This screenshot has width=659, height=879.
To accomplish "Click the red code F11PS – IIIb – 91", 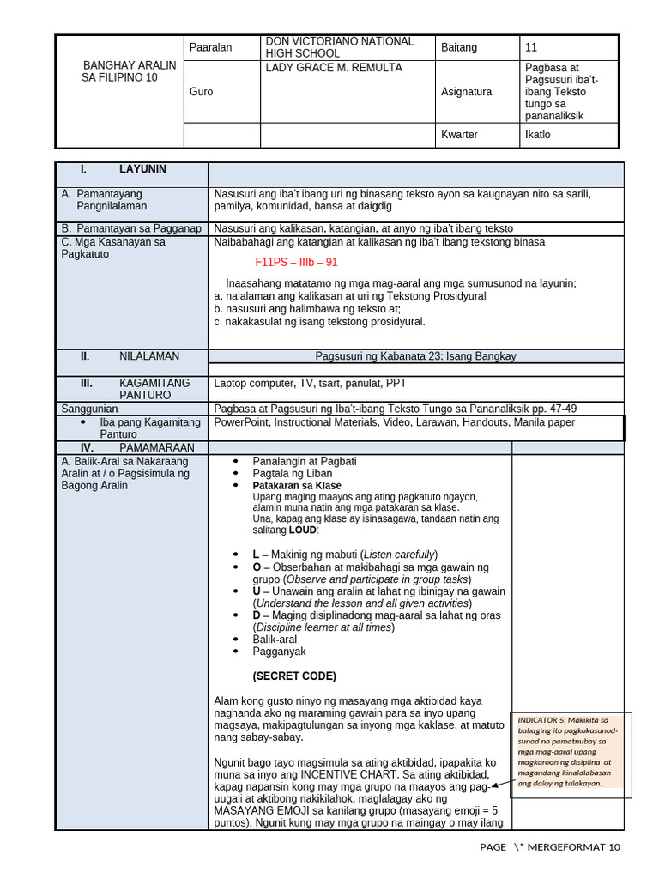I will tap(296, 263).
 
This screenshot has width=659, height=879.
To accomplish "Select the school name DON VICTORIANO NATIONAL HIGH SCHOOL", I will tap(327, 47).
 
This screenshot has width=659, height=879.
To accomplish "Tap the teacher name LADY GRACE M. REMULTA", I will tap(322, 68).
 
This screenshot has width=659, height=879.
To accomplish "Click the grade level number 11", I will tap(531, 47).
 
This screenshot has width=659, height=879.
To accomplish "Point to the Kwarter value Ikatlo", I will tap(537, 135).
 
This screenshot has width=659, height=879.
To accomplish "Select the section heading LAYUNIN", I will tap(142, 170).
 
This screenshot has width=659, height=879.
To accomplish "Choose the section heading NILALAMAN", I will tap(149, 355).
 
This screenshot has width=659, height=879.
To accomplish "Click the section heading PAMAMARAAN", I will tap(156, 447).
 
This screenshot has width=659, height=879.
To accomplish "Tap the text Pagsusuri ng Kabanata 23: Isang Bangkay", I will tap(416, 355).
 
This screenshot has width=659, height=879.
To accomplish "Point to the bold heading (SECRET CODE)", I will tap(294, 676).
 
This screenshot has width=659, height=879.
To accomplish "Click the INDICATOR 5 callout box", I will tap(571, 750).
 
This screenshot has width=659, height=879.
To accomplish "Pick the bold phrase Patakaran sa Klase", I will tap(297, 486).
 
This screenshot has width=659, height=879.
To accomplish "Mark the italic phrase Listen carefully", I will tap(398, 554).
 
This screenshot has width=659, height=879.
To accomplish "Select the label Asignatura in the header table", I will tap(466, 91).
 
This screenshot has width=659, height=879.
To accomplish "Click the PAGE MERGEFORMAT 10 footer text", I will tap(549, 847).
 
